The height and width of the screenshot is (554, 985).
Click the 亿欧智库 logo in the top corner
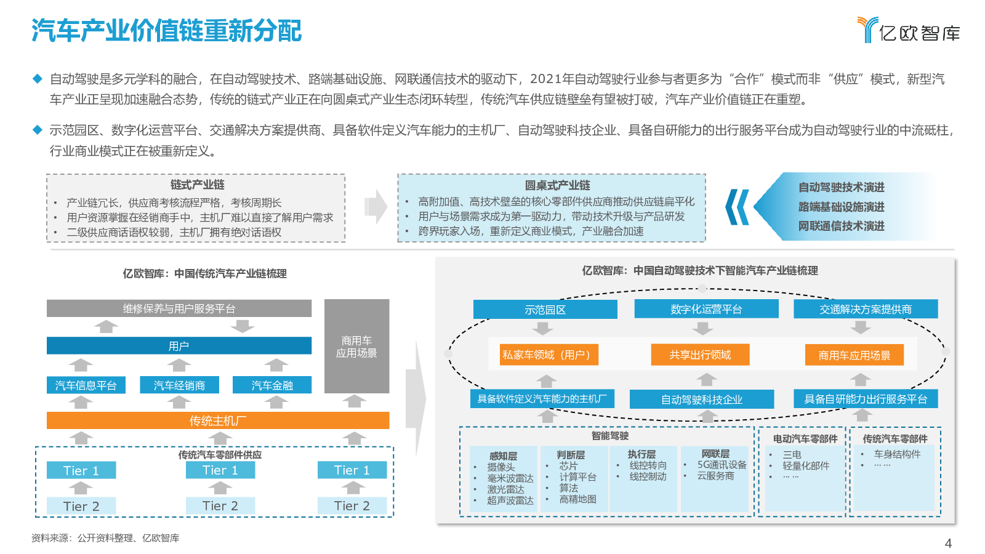(x=909, y=30)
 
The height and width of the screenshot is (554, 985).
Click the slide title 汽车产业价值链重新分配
(x=166, y=31)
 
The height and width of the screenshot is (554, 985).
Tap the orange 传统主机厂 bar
(x=218, y=420)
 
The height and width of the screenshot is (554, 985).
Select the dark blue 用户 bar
(x=179, y=345)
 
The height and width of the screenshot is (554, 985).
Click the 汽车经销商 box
(x=179, y=385)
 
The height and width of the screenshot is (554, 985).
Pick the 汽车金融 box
(x=271, y=385)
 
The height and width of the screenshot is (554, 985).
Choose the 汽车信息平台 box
(x=86, y=385)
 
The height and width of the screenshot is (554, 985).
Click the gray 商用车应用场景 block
(x=356, y=347)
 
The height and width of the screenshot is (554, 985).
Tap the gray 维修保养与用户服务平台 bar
(x=179, y=308)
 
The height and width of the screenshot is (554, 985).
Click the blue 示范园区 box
(x=545, y=310)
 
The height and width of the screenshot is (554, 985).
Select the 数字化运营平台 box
(x=706, y=309)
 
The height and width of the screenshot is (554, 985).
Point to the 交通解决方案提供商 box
(x=866, y=309)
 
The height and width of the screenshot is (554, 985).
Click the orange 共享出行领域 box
(x=700, y=355)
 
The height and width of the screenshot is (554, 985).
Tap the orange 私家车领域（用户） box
(x=549, y=355)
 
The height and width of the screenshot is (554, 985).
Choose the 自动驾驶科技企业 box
(x=702, y=399)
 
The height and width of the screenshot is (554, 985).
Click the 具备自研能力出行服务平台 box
(x=866, y=399)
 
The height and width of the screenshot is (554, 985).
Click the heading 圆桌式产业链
(x=557, y=185)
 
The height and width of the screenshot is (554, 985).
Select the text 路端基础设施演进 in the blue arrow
(x=841, y=207)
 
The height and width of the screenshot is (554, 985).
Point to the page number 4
(x=948, y=543)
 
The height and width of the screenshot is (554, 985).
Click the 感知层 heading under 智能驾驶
(x=503, y=456)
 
